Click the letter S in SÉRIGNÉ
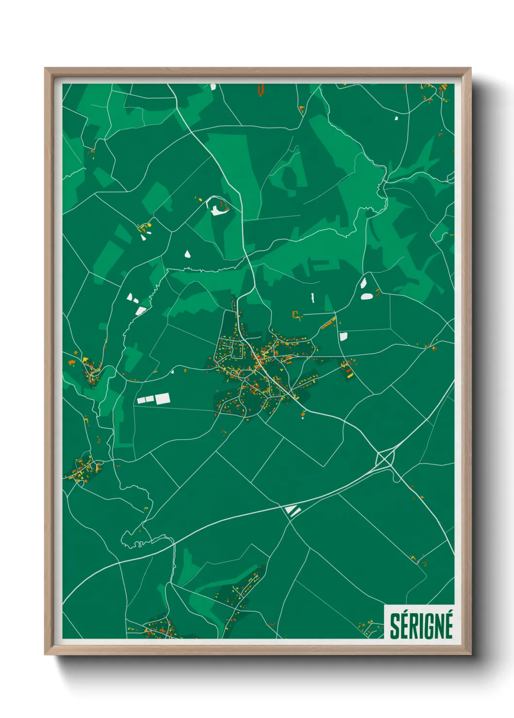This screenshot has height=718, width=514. [x=394, y=626]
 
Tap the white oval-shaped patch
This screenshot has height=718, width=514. [x=367, y=296]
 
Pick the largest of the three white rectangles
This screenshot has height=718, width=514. [x=162, y=398]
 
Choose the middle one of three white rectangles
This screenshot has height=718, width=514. [x=150, y=399]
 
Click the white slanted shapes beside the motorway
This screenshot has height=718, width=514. [x=293, y=510]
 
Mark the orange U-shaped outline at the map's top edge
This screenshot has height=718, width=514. [x=261, y=89]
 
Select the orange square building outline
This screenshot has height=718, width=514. [x=295, y=315]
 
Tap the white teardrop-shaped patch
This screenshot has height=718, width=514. [x=188, y=253]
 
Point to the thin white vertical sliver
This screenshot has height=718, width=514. [x=313, y=297]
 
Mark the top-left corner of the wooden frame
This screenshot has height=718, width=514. [x=45, y=68]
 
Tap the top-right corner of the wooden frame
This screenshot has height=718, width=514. [x=470, y=68]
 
